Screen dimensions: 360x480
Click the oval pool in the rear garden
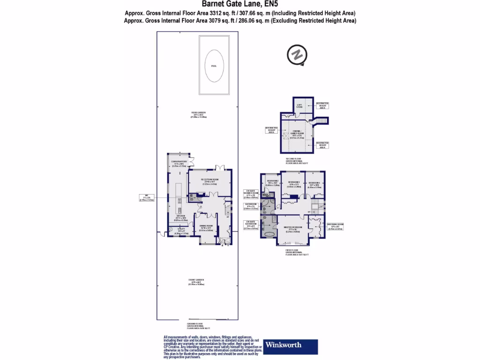click(214, 66)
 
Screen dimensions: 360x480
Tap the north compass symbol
click(296, 54)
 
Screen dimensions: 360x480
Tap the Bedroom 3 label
click(294, 183)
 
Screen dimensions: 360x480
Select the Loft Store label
click(299, 106)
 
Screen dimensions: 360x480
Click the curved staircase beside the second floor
click(320, 121)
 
